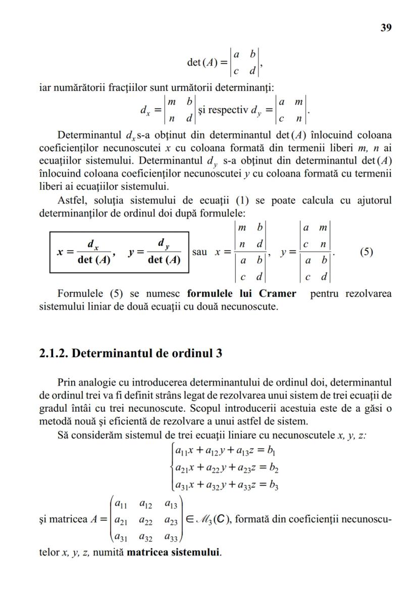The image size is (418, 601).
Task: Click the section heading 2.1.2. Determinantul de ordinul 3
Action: click(x=130, y=353)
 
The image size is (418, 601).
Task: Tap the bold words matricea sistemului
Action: click(x=174, y=552)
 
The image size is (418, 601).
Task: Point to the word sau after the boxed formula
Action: click(x=200, y=251)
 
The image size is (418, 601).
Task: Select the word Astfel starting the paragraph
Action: click(x=72, y=200)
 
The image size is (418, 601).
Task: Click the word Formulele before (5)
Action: click(x=80, y=293)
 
